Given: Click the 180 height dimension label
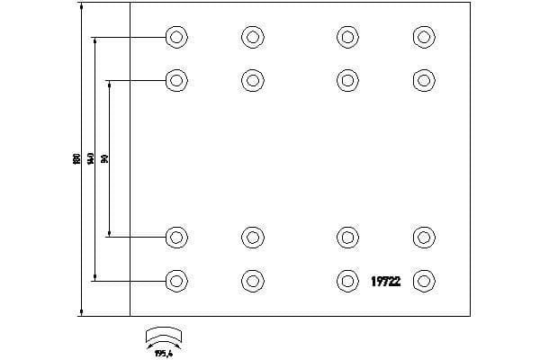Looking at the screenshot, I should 76,159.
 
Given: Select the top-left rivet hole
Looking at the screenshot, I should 176,37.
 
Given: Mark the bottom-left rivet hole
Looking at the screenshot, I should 176,281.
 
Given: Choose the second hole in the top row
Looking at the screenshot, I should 253,37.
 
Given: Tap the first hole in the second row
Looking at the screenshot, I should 176,80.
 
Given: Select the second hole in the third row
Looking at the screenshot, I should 253,238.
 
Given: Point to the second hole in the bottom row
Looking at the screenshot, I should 253,281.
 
